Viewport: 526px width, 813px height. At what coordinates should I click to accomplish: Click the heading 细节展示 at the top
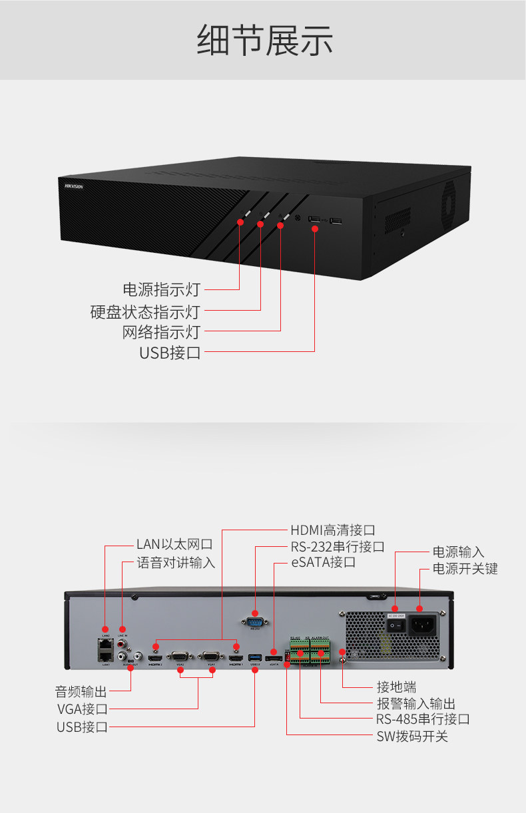264,41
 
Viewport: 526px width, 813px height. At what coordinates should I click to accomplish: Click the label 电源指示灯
161,290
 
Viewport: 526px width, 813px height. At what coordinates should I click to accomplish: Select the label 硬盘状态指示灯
145,311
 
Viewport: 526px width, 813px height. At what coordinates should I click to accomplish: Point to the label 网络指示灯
161,332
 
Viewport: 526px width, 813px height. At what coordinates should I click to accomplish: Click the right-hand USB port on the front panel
335,220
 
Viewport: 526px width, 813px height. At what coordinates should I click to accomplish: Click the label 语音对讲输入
176,563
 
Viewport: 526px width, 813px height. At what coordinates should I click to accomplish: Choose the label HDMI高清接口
332,530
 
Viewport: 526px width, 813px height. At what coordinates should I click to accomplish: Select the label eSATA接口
323,563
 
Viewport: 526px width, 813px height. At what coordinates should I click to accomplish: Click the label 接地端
396,687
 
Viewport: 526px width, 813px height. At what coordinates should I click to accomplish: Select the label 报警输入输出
416,703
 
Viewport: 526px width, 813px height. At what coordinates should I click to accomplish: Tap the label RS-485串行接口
423,719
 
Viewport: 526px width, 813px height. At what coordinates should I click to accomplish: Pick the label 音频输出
81,691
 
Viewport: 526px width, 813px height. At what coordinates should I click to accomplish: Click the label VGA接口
82,709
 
